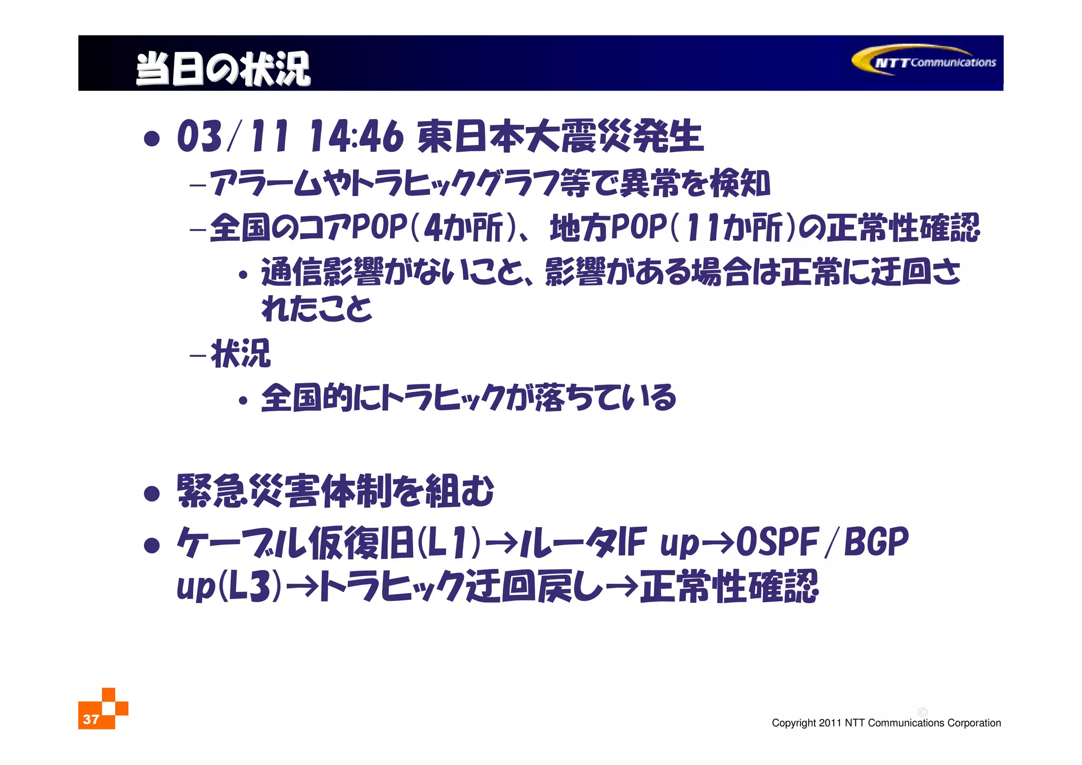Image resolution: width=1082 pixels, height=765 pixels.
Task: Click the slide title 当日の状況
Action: coord(223,69)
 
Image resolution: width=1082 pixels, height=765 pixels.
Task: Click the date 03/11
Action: coord(233,136)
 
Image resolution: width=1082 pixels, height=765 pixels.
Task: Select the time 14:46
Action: coord(356,136)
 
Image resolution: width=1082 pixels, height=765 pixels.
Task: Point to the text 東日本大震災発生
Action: coord(560,136)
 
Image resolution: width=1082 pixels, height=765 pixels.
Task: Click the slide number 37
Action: coord(91,719)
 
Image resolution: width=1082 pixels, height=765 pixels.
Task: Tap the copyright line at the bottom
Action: coord(886,723)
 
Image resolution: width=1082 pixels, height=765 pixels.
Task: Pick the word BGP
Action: coord(876,542)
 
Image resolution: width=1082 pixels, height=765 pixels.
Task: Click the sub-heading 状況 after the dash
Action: coord(240,353)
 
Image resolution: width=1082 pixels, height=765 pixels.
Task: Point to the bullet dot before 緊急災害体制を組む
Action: coord(152,493)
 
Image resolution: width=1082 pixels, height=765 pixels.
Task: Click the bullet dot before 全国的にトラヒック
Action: coord(242,401)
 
